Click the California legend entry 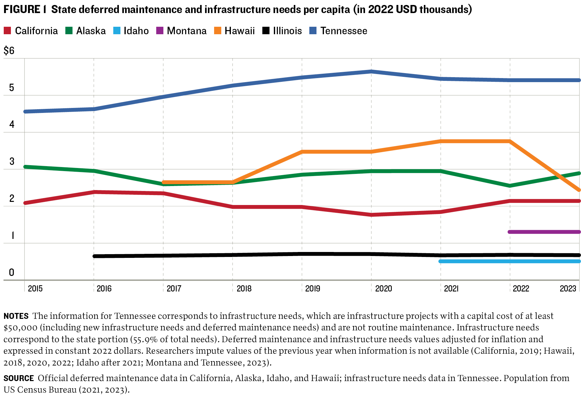click(31, 31)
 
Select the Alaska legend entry click(86, 31)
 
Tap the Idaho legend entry click(131, 31)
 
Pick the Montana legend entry click(181, 31)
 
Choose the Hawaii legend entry click(235, 31)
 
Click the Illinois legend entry click(282, 31)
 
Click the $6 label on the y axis click(9, 50)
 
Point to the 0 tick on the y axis click(12, 273)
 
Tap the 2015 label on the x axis click(35, 289)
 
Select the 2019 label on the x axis click(312, 289)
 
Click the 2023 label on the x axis click(568, 289)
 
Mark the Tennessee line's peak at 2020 click(371, 72)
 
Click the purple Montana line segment click(544, 232)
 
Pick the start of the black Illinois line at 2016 click(94, 256)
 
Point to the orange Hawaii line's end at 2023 click(579, 190)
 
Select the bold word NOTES click(16, 316)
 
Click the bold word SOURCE click(19, 378)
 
